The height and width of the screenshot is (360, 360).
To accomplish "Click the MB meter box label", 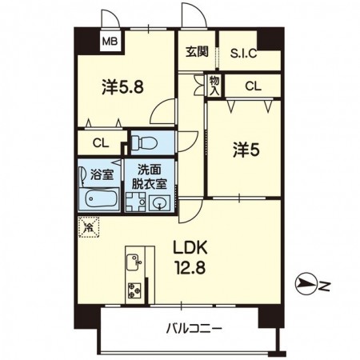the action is tap(110, 42).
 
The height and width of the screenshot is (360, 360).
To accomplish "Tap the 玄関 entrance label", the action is tap(197, 51).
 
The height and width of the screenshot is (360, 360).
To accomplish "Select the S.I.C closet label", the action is tap(243, 53).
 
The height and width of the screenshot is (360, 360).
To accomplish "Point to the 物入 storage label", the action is tap(214, 86).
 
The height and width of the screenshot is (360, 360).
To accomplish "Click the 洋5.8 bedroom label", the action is tap(122, 87).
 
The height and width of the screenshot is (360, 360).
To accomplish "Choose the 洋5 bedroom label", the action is tap(246, 150).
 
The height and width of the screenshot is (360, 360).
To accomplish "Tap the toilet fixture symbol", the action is tap(144, 142).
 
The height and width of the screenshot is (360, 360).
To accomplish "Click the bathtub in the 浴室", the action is tap(102, 199).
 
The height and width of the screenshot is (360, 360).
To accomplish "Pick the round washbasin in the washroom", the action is tap(159, 204).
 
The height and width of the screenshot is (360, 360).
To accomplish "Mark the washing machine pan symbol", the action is tap(136, 202).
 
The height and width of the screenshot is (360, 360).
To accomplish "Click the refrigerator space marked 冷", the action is tap(89, 227).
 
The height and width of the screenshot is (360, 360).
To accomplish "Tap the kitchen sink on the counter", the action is tap(134, 261).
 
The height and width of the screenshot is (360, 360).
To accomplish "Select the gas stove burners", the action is tap(134, 290).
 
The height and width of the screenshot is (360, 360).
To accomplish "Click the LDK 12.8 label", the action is tap(190, 258).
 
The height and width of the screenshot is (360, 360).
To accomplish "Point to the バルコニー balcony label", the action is tap(194, 328).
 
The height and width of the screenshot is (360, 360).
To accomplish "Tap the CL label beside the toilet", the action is tap(101, 143).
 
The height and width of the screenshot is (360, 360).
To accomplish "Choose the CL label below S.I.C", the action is tap(253, 86).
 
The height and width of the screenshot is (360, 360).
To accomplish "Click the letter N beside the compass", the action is tap(325, 286).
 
